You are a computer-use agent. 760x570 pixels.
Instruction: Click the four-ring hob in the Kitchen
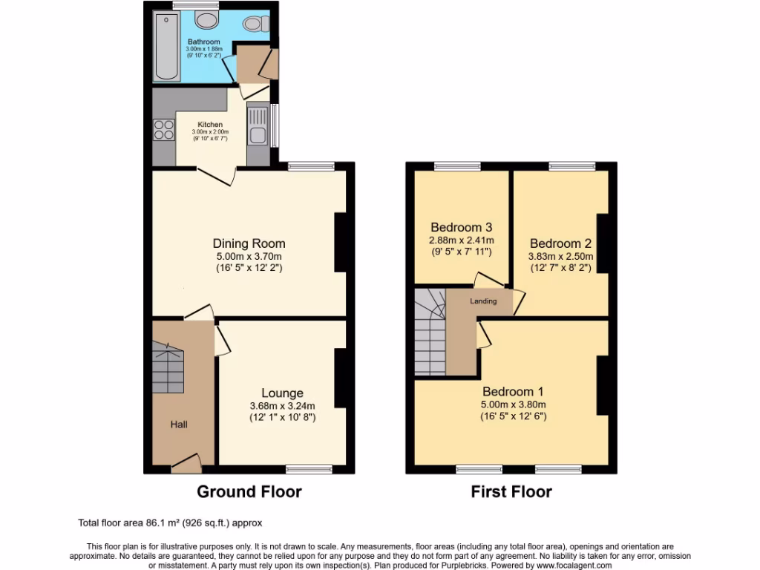coord(163,131)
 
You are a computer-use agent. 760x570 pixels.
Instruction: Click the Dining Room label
coord(249,243)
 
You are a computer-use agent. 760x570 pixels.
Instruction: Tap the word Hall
coord(179,425)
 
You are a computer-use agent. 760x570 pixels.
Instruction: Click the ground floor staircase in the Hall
coord(168,368)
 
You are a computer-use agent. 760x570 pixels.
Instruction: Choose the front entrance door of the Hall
coord(186,463)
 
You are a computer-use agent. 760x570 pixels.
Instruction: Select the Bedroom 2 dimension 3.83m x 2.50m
coord(560,256)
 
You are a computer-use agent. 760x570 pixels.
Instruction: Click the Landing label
coord(483,301)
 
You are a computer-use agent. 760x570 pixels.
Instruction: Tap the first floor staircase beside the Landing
coord(429,334)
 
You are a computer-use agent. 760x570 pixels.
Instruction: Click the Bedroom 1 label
coord(513,392)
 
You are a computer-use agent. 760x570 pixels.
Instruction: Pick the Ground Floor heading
coord(249,491)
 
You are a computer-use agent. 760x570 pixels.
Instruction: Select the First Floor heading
coord(511,491)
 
